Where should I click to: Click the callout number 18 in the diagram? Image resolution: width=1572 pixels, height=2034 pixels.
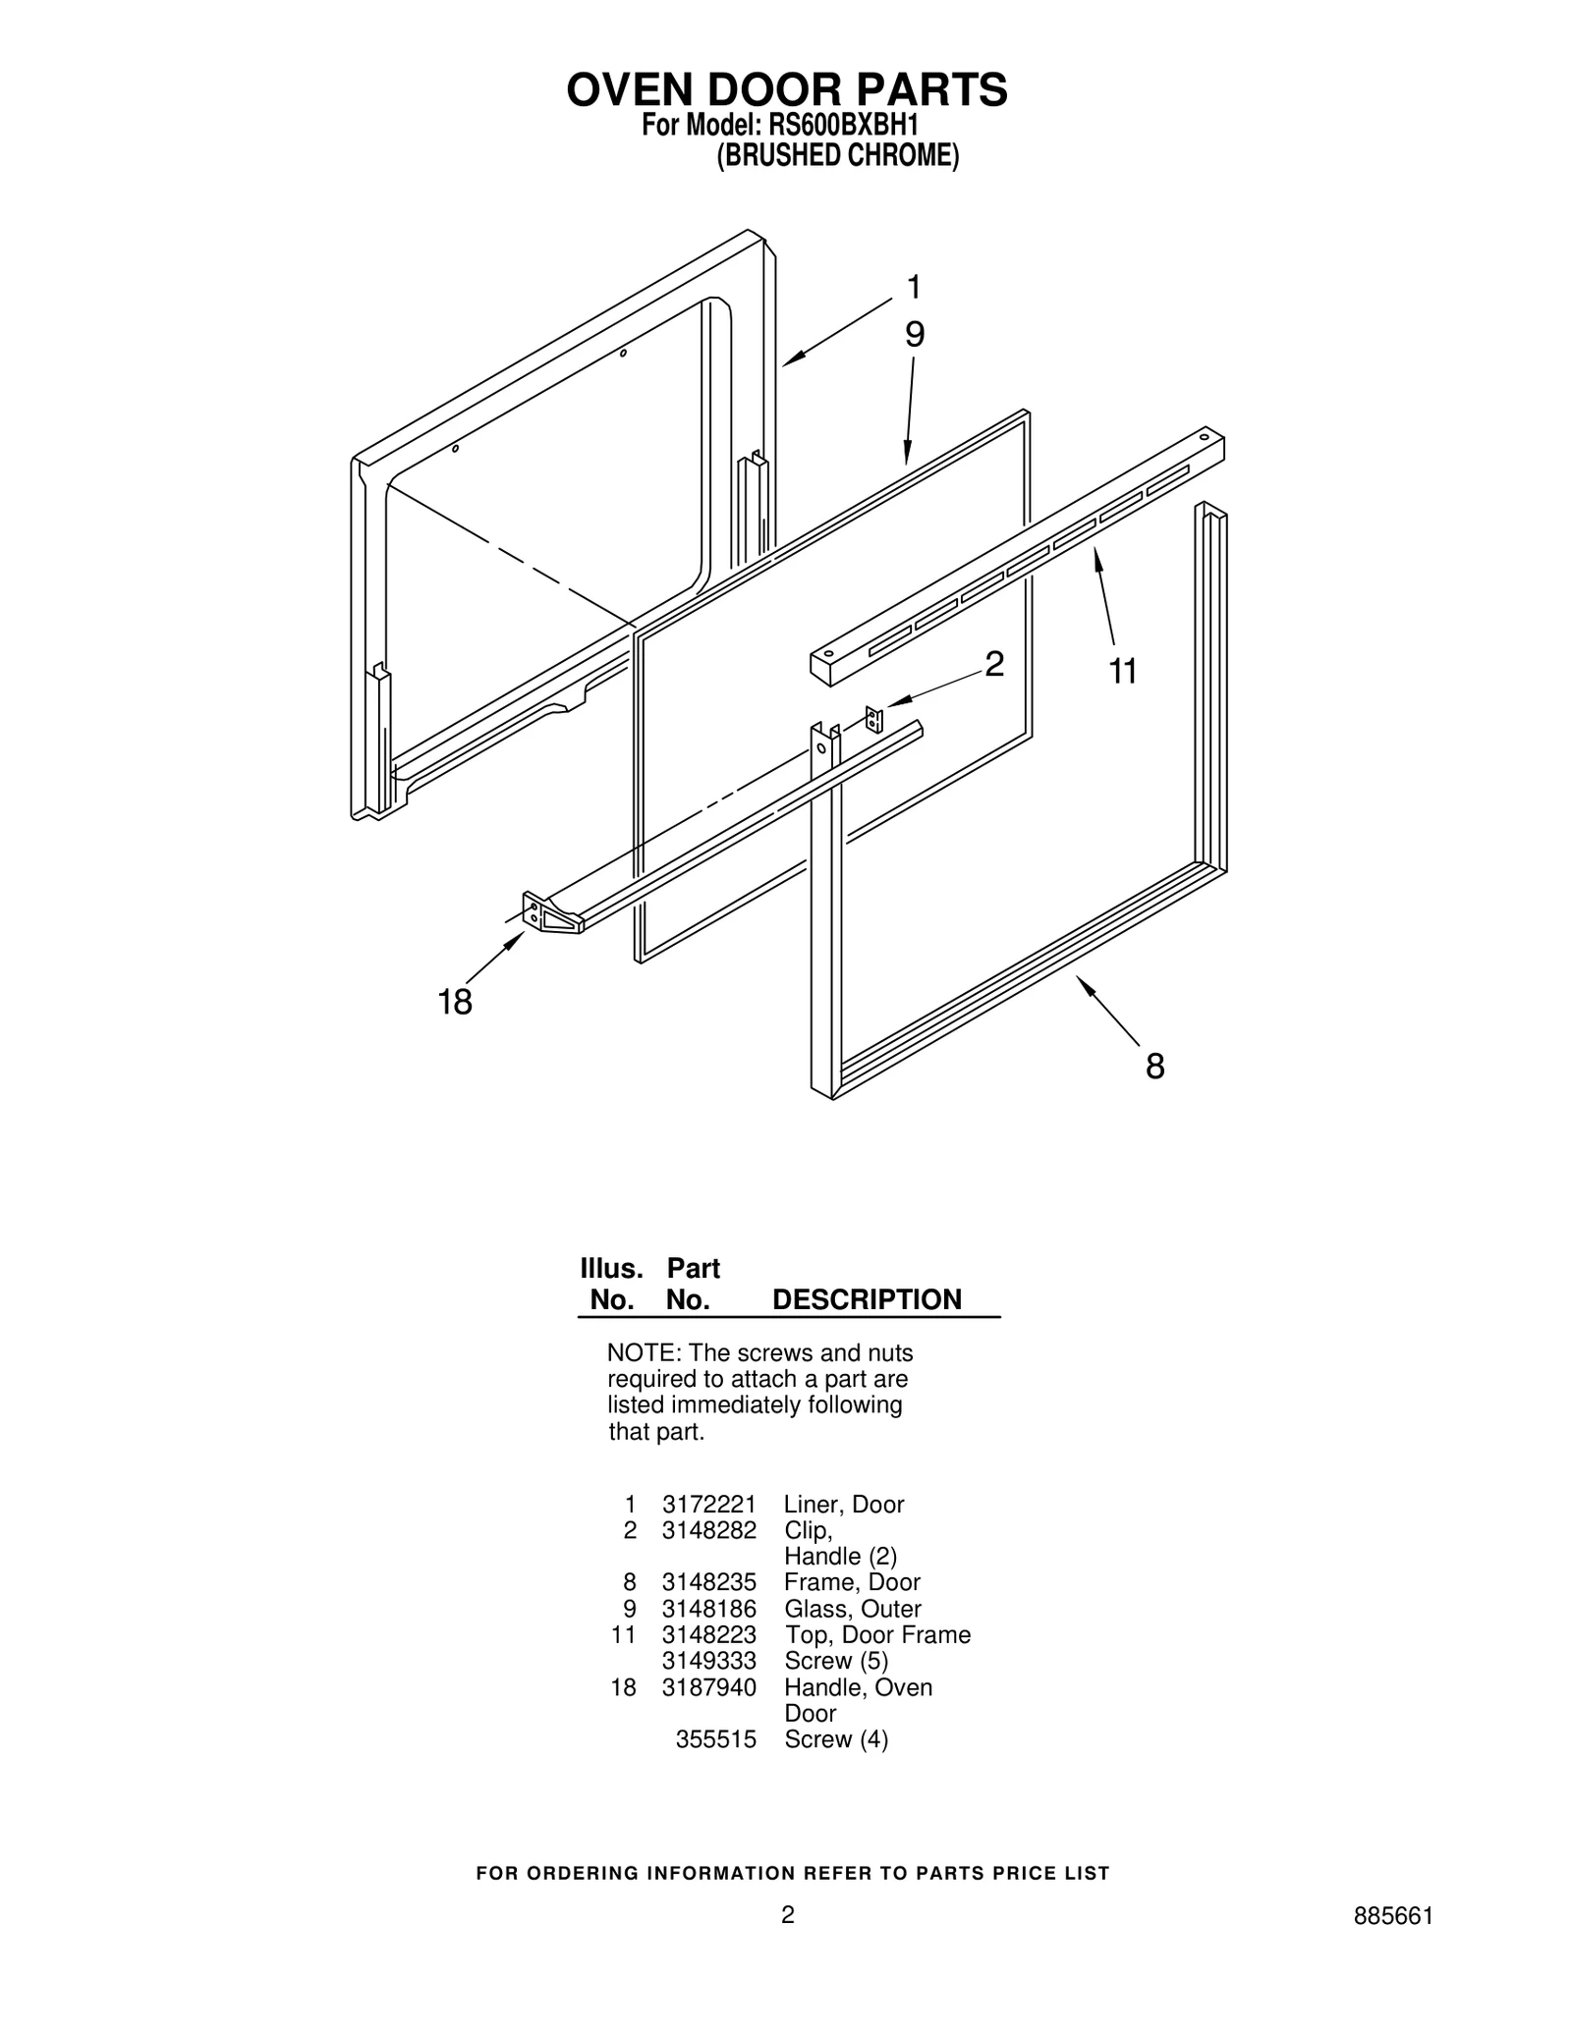455,1003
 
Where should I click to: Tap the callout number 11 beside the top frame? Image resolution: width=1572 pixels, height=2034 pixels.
1122,672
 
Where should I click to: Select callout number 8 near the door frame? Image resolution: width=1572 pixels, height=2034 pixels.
1155,1067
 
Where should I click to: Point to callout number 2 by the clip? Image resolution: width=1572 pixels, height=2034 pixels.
994,665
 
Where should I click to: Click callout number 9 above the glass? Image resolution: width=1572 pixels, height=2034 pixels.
915,335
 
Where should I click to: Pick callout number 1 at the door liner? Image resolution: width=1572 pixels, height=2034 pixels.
915,288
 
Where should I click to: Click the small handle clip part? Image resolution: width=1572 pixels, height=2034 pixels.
873,719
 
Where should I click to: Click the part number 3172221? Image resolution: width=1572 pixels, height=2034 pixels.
708,1505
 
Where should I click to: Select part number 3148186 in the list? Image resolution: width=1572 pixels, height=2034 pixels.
708,1609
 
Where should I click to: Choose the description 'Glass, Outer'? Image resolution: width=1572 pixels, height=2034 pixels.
852,1609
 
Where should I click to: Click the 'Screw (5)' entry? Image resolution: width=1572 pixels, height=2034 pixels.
835,1661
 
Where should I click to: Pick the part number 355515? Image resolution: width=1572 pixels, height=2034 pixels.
715,1739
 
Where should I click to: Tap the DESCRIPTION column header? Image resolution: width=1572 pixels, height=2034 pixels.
867,1299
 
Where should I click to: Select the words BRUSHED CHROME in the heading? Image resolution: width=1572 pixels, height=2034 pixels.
837,156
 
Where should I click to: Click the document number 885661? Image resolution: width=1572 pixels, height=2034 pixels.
1393,1944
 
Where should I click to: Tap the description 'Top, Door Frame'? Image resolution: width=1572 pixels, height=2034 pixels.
877,1635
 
